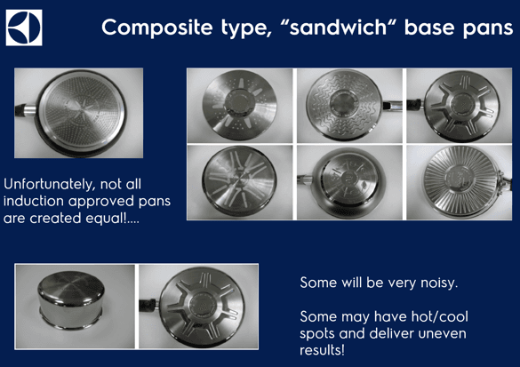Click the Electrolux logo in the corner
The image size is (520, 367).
click(24, 28)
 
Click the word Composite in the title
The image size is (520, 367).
click(156, 28)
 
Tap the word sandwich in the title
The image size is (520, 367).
click(339, 27)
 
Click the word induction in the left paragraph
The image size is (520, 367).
click(34, 201)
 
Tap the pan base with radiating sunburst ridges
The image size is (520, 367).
click(461, 182)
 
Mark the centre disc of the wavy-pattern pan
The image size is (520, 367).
click(344, 103)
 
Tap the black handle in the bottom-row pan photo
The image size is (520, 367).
click(148, 305)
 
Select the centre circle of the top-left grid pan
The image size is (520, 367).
click(239, 102)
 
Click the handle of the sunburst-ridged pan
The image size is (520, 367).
click(506, 182)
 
